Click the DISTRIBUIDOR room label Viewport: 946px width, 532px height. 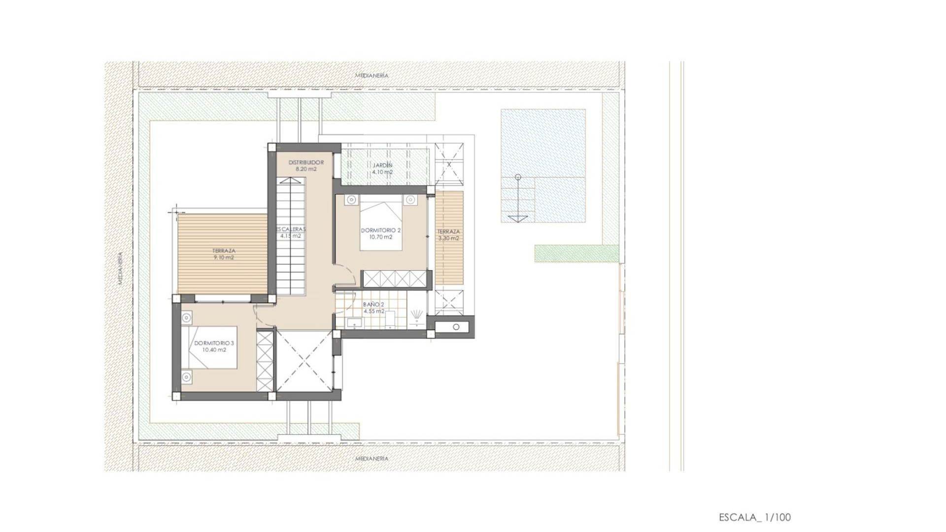pos(305,163)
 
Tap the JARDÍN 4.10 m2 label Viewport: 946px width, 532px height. pos(382,169)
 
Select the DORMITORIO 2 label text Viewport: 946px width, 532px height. pos(380,231)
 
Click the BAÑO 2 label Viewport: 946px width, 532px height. pos(373,305)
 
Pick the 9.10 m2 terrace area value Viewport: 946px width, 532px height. pos(224,258)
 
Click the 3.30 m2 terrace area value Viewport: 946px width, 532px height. pos(448,238)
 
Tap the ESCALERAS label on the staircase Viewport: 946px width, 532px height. pos(291,230)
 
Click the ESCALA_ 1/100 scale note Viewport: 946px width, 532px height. pos(755,517)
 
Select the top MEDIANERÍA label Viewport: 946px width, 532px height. pos(372,75)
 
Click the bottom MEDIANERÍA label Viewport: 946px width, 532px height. pos(372,459)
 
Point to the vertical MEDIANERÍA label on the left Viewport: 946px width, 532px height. pos(121,268)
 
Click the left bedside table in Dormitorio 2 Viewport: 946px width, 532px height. pos(351,199)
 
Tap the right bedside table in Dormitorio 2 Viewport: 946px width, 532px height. pos(410,199)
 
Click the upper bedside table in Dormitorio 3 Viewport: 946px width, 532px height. pos(187,318)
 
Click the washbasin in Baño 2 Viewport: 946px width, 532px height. pos(354,323)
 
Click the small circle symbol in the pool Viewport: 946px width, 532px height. pos(518,177)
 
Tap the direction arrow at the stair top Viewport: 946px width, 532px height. pos(518,218)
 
